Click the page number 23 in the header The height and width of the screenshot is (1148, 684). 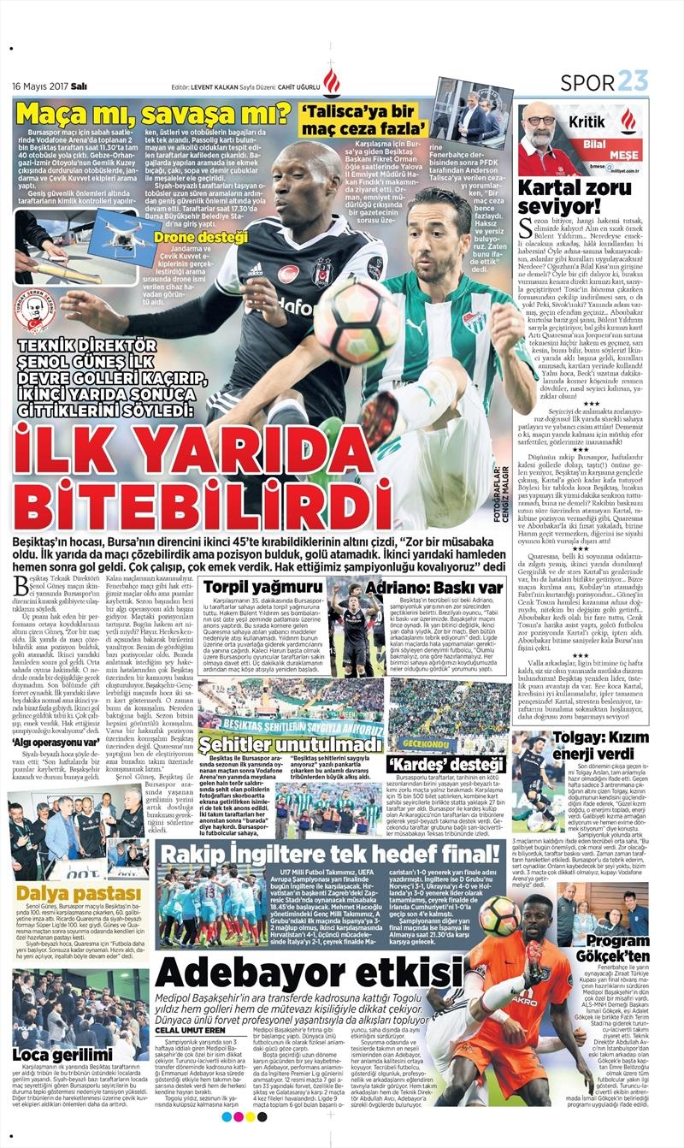[x=634, y=82]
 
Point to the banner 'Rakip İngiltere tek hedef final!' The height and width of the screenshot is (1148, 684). [x=333, y=856]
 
